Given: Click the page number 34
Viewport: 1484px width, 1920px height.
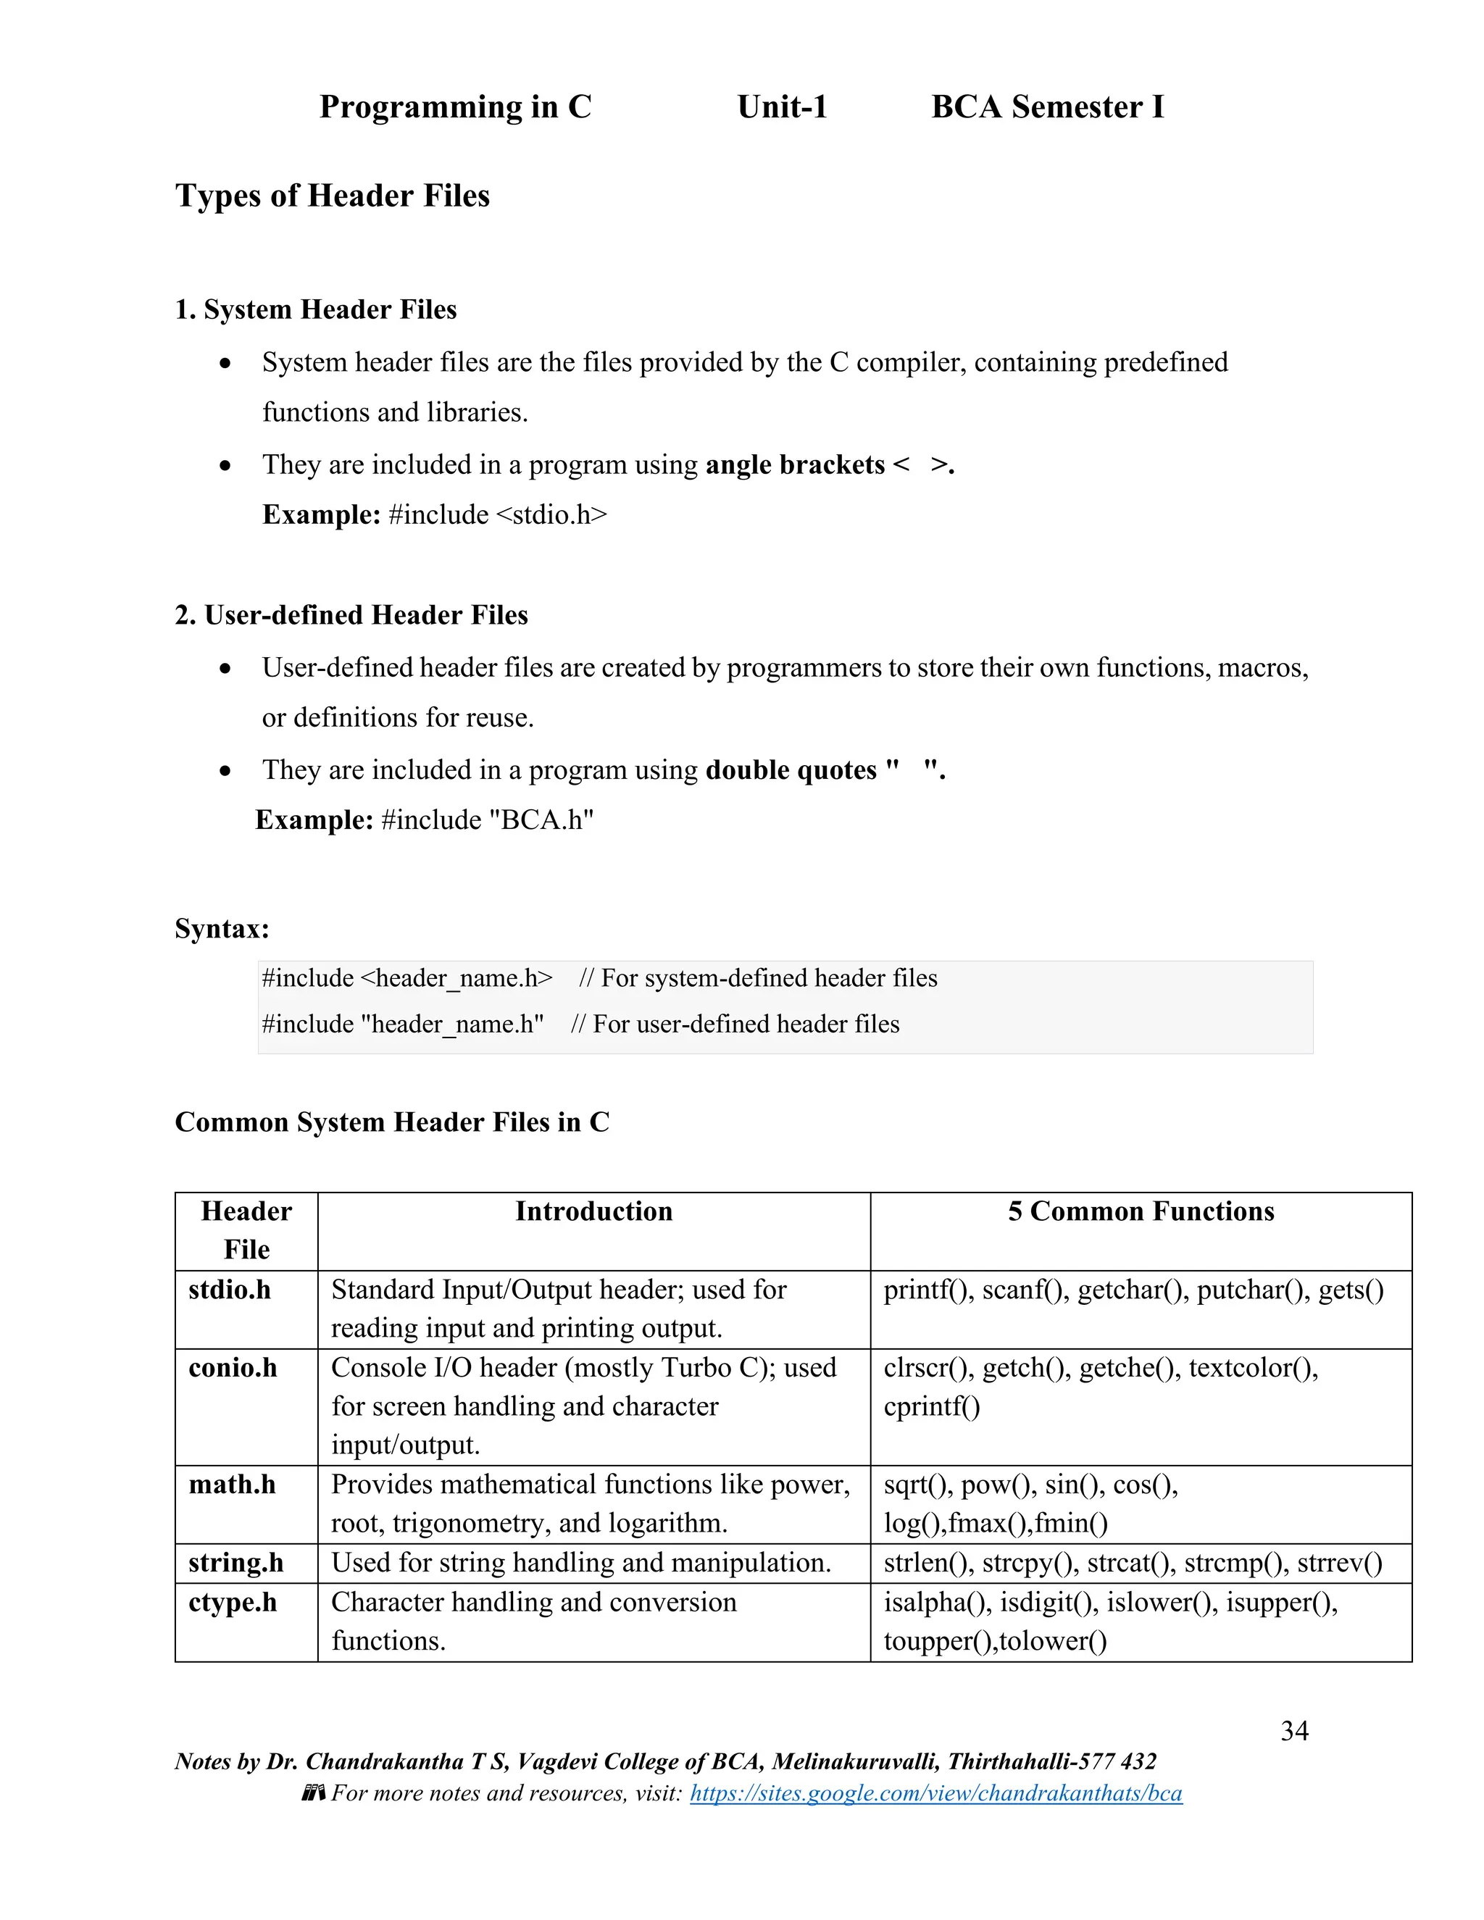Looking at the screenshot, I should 1294,1730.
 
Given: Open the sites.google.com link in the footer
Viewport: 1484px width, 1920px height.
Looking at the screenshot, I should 935,1793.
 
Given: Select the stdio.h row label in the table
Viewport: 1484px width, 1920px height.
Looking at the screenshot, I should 230,1290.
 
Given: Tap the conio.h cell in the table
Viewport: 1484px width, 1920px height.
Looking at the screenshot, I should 232,1368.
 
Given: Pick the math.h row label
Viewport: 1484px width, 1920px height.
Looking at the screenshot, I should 232,1485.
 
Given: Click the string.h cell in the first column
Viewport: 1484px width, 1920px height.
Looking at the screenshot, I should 235,1563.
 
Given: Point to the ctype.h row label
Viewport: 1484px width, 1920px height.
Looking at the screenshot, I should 232,1602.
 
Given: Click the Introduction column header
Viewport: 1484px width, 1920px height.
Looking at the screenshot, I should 593,1211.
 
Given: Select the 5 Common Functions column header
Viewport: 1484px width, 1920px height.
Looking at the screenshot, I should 1141,1211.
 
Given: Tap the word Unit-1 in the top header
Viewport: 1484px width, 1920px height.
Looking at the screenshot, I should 782,107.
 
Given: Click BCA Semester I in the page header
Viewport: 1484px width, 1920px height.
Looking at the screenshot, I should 1047,107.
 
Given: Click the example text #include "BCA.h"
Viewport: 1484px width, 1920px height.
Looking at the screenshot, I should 487,819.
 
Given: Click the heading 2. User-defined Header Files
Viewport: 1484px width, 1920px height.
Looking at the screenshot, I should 351,614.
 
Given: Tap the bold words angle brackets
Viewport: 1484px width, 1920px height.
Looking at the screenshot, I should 795,464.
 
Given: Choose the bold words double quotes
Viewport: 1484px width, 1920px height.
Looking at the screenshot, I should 791,769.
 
